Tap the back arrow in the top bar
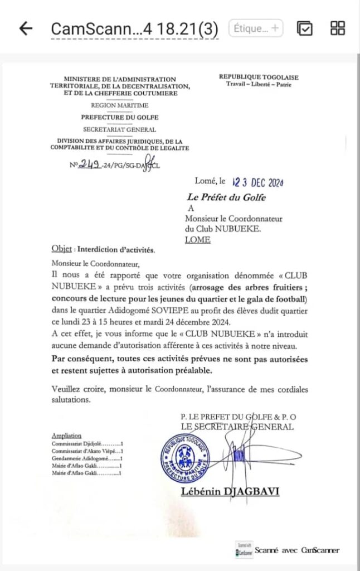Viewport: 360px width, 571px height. pos(26,28)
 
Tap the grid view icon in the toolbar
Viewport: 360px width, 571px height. pos(338,28)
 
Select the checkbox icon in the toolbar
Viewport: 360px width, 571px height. pos(304,28)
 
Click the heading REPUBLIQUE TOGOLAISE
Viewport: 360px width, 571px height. pos(258,77)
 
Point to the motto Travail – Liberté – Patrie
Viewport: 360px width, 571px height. pos(258,84)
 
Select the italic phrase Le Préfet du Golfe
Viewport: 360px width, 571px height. pos(226,197)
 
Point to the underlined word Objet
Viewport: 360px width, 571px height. pos(61,250)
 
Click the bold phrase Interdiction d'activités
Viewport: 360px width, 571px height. pos(116,250)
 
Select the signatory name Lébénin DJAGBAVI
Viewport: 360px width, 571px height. pos(230,491)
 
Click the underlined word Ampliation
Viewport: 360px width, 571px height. pos(66,435)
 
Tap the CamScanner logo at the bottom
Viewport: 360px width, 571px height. pos(244,550)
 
